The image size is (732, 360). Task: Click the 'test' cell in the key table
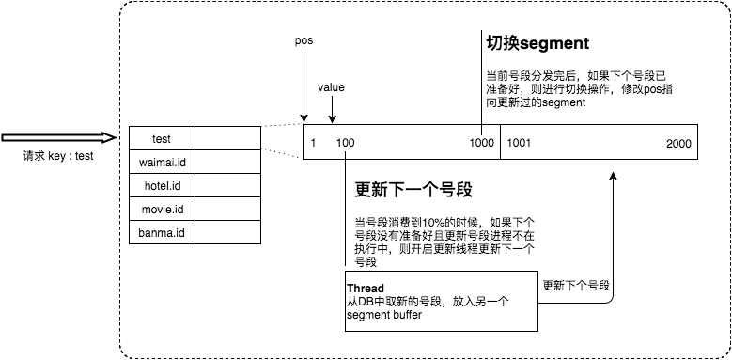coord(162,139)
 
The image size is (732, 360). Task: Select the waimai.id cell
coord(162,163)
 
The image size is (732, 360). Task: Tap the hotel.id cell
coord(162,185)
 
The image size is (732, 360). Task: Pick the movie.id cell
coord(162,209)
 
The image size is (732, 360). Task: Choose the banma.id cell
coord(162,232)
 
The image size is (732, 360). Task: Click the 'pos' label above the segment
coord(304,42)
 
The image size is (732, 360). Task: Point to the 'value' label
coord(331,87)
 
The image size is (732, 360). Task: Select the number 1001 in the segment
coord(520,143)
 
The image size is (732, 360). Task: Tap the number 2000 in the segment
coord(677,143)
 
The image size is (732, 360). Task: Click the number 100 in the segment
coord(345,143)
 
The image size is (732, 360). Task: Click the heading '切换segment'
coord(537,43)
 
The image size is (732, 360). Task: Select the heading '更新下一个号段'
coord(413,190)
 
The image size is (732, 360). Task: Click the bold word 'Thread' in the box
coord(366,288)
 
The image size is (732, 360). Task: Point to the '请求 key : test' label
coord(58,157)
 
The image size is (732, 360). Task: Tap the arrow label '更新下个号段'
coord(576,285)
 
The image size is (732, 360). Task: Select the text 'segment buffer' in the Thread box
coord(383,314)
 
